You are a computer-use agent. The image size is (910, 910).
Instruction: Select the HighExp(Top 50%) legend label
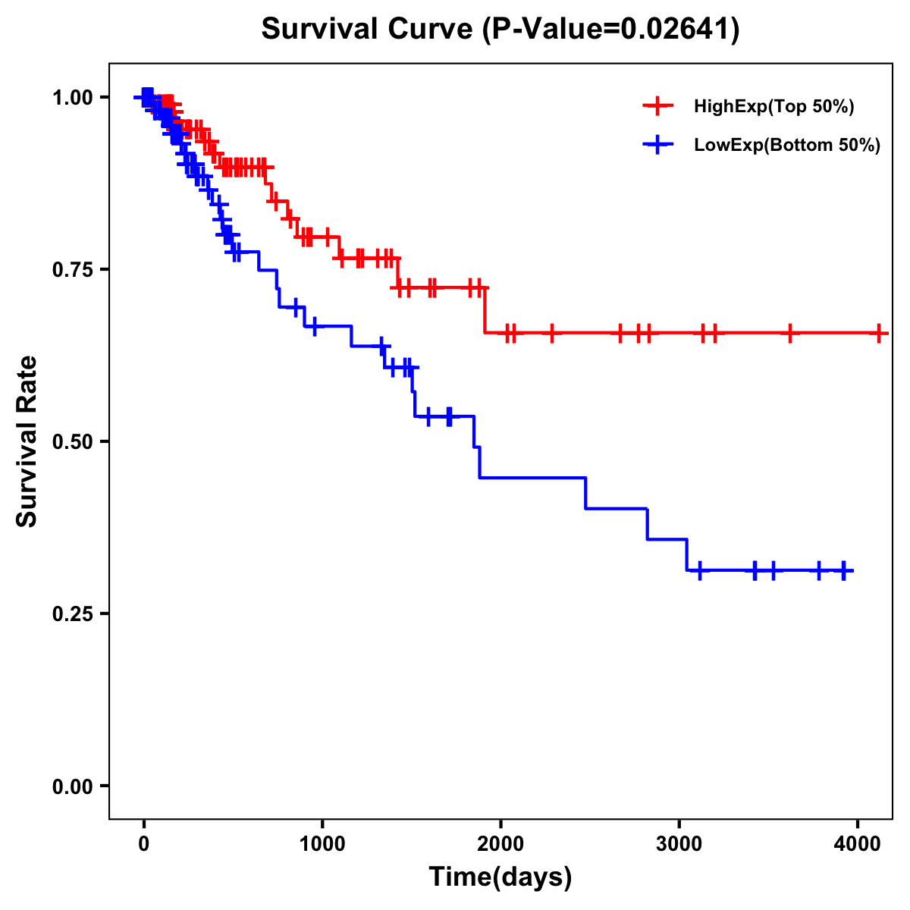point(773,107)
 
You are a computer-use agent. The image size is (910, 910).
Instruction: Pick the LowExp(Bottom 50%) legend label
point(787,146)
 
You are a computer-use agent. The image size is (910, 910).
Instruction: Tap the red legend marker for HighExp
point(657,106)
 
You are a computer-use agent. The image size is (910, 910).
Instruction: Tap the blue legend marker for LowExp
point(657,145)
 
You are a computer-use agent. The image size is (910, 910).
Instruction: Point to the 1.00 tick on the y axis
point(71,98)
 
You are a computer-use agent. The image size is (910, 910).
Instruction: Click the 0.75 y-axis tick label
point(71,270)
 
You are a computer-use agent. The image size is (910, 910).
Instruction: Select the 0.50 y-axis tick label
point(71,442)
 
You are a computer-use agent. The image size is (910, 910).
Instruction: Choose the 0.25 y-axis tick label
point(71,614)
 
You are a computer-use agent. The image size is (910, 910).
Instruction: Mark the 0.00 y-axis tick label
point(71,786)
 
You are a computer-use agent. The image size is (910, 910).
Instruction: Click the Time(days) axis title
point(500,877)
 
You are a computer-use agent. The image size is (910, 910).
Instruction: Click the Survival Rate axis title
point(27,441)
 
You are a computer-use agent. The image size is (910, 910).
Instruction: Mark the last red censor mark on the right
point(879,333)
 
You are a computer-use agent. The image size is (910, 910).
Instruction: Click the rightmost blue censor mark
point(844,570)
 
